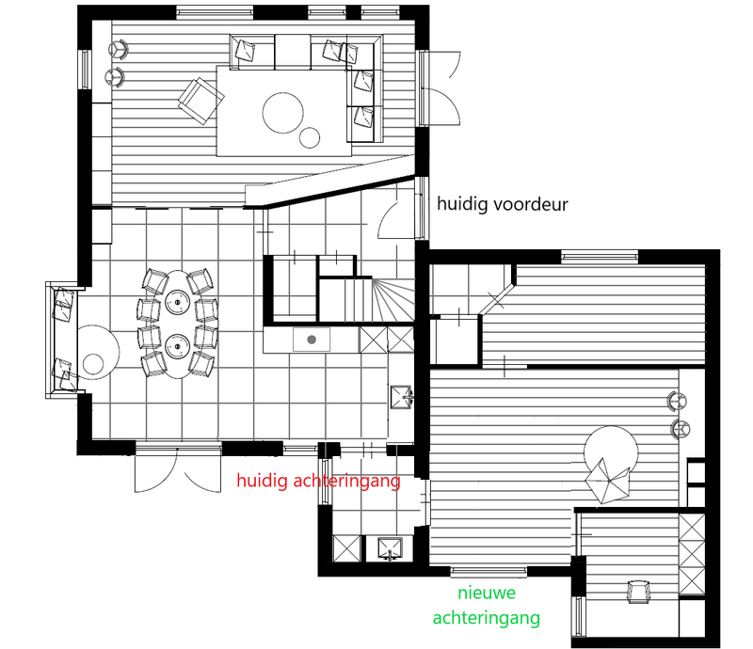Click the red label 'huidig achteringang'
(x=318, y=482)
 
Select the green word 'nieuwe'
(x=486, y=594)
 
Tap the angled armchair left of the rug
(x=197, y=100)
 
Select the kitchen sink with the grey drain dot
(x=312, y=338)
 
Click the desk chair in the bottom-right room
(x=639, y=592)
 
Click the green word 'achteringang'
(x=486, y=618)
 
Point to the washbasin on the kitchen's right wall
(x=402, y=395)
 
